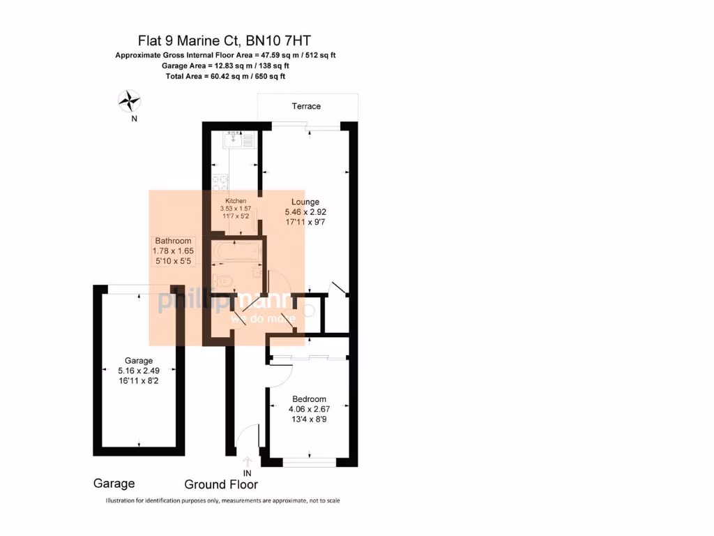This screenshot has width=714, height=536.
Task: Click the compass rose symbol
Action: [129, 101]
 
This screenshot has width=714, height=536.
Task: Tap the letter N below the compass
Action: [134, 119]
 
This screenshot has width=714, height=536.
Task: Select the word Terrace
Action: [306, 106]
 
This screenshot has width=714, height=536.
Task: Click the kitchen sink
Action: [232, 140]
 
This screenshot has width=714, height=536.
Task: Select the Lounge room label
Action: [305, 201]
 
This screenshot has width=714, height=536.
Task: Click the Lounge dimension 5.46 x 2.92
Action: [305, 211]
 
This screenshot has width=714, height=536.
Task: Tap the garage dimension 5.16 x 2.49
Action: [138, 371]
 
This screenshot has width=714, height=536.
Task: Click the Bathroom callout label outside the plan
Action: [173, 240]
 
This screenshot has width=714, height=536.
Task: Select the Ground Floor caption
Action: [221, 484]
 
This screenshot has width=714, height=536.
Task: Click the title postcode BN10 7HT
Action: [279, 41]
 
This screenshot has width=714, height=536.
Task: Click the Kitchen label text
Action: [236, 201]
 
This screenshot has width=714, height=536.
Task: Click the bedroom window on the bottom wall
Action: [308, 462]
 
